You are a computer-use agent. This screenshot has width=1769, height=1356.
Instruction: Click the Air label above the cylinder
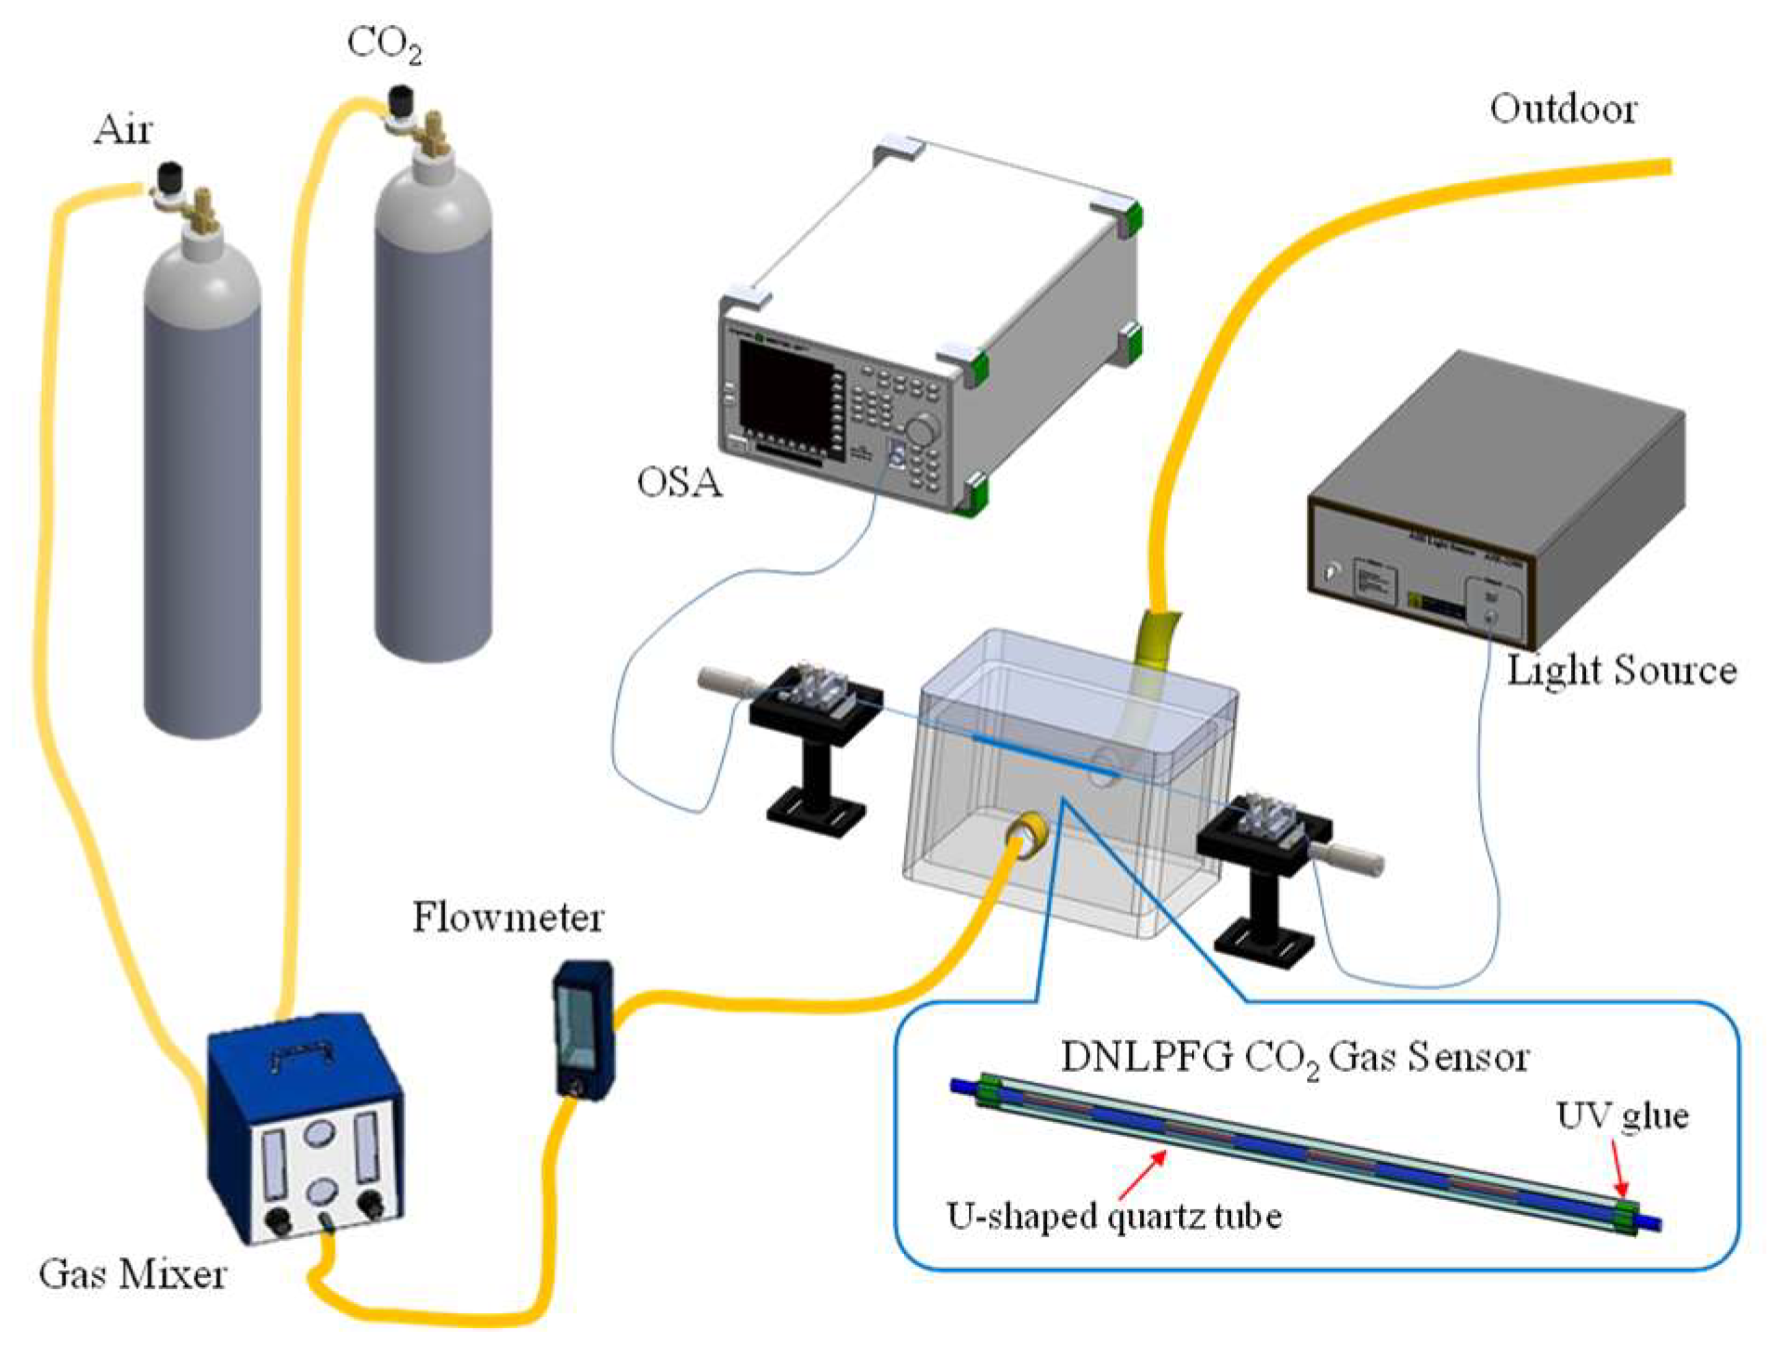point(123,129)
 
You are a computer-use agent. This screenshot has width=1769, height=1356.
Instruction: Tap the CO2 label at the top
point(384,44)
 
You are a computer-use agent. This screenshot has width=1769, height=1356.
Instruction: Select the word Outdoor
point(1563,110)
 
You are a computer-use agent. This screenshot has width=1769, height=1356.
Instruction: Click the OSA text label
point(679,482)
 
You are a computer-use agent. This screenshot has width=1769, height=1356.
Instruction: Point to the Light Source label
point(1621,671)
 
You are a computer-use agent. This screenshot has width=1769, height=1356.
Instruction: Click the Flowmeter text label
point(507,918)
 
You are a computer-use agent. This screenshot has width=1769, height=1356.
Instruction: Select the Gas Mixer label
point(133,1274)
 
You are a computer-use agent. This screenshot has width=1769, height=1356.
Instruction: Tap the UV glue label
point(1622,1115)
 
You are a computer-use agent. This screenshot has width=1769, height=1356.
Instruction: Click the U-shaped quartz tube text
point(1114,1216)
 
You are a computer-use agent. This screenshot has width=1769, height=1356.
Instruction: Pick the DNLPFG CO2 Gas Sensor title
point(1294,1058)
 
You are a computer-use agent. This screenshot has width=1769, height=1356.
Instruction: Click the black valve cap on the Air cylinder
point(169,175)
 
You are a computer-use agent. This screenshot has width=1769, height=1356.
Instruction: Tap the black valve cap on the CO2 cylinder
point(401,97)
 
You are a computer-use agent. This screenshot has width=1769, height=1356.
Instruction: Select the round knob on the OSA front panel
point(922,431)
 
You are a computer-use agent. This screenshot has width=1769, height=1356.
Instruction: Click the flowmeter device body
point(583,1029)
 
